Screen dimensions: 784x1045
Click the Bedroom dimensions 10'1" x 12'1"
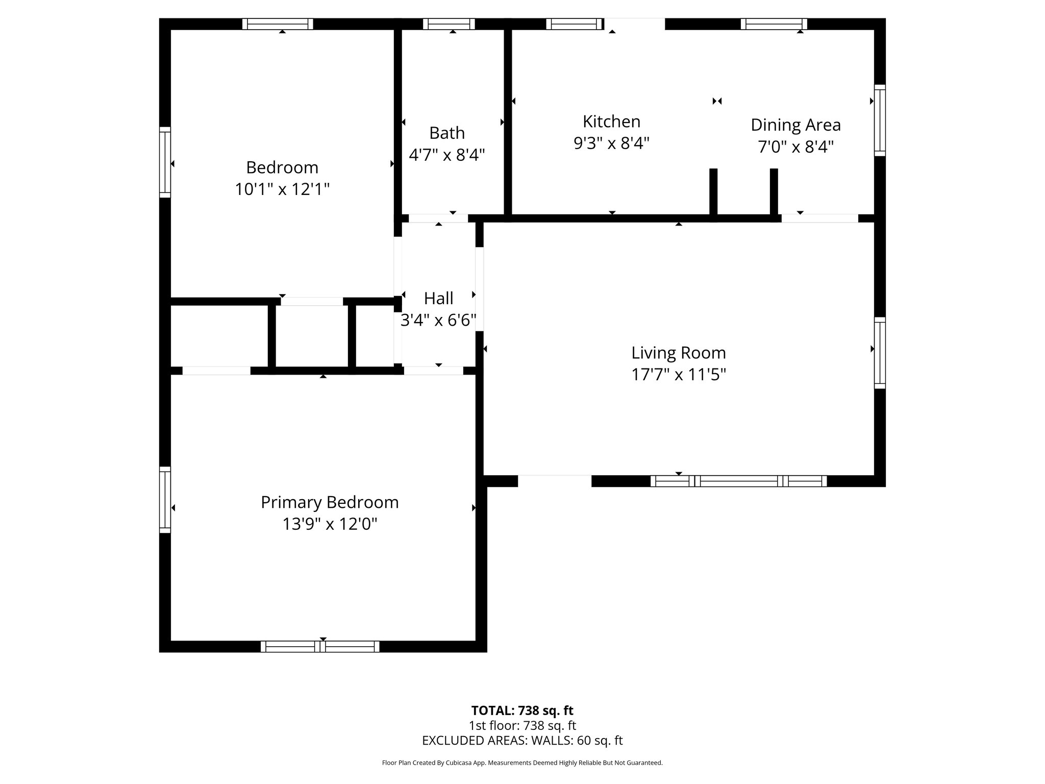[x=282, y=189]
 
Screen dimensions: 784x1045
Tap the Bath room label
[x=447, y=133]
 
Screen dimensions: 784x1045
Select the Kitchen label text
[x=611, y=121]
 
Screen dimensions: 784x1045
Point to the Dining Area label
[x=795, y=125]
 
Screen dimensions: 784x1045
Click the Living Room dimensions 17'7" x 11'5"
[x=679, y=375]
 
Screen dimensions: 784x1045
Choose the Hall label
[x=438, y=298]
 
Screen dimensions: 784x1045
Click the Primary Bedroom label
[x=330, y=502]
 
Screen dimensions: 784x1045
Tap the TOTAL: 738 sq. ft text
[x=522, y=710]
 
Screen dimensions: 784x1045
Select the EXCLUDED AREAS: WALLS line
[x=522, y=741]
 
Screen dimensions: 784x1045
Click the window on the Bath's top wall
[x=449, y=24]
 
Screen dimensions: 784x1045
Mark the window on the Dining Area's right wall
[x=880, y=120]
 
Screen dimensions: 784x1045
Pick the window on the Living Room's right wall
[x=880, y=353]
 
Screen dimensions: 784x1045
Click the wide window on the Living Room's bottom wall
[x=738, y=481]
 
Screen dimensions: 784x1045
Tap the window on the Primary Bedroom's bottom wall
[x=320, y=647]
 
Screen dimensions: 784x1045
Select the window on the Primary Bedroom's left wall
[x=165, y=500]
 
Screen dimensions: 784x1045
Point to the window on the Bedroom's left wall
[x=165, y=162]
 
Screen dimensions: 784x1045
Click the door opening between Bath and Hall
[x=438, y=218]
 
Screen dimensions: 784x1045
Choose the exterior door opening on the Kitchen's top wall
[x=635, y=24]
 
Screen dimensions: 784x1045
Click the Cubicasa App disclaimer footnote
[x=522, y=763]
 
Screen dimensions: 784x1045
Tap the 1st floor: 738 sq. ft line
[x=522, y=725]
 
